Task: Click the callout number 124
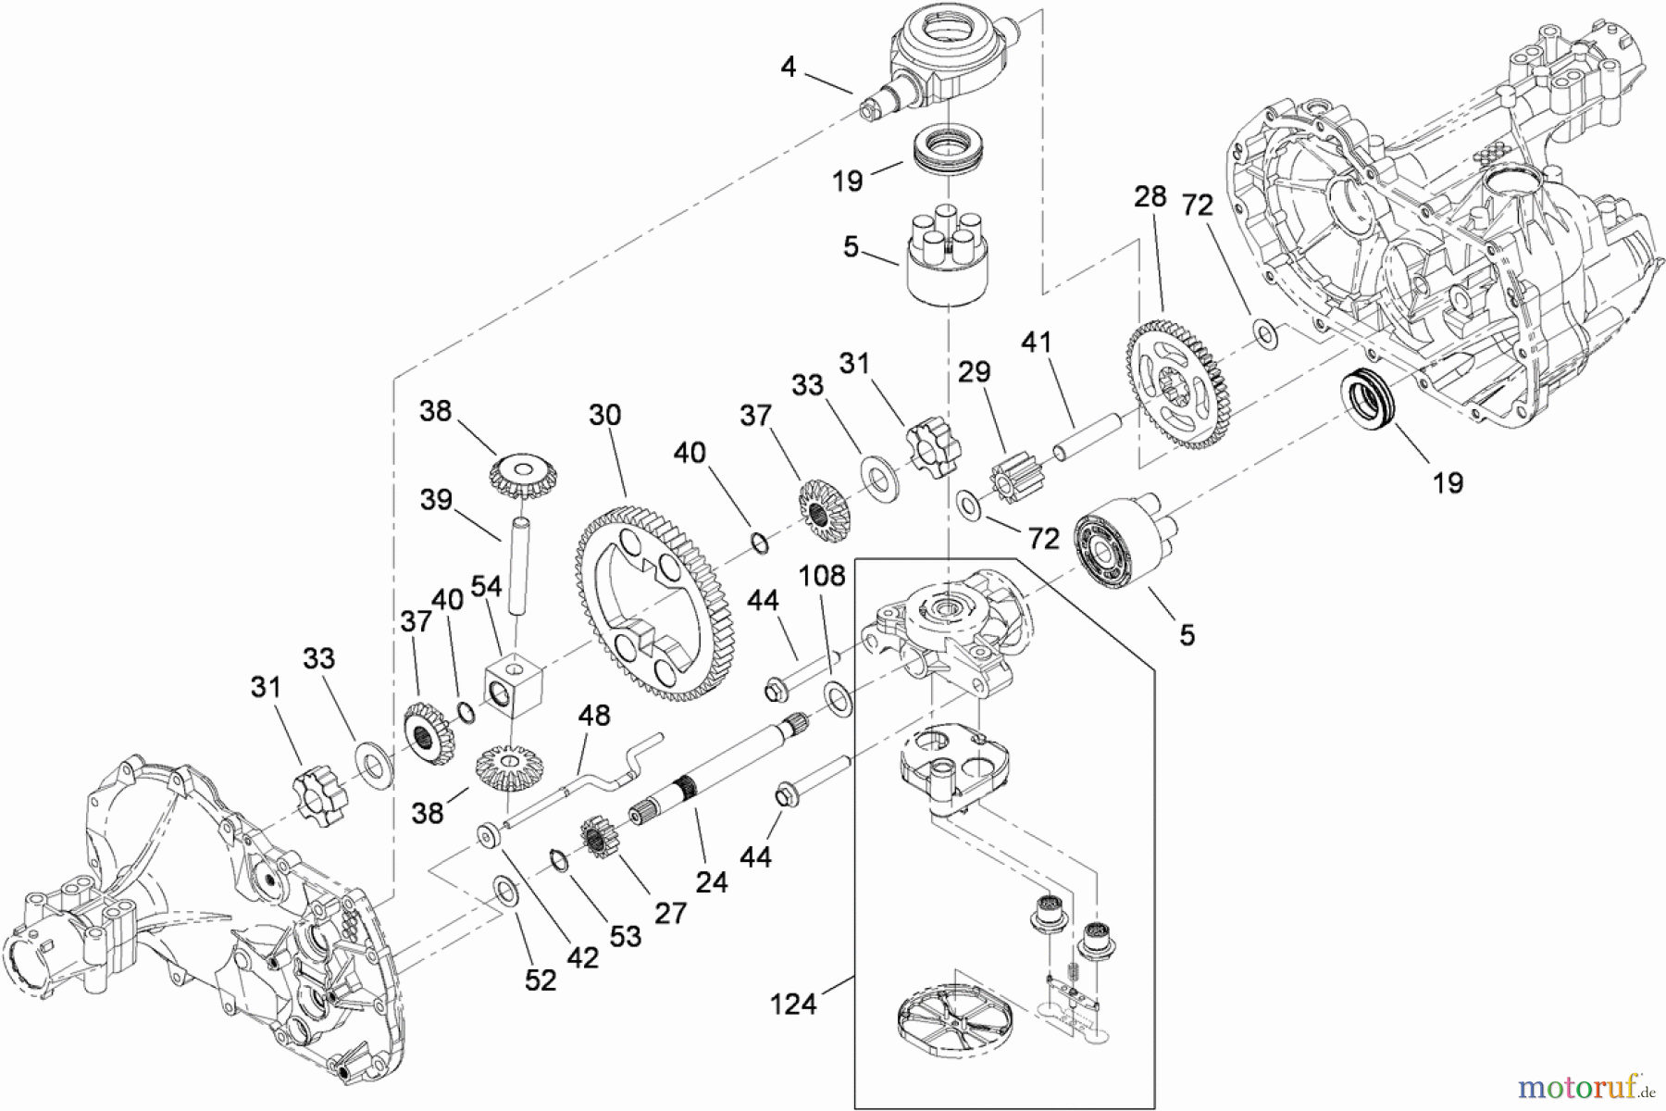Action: pyautogui.click(x=792, y=1003)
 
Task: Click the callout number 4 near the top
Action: pyautogui.click(x=788, y=67)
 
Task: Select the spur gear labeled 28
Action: pyautogui.click(x=1178, y=383)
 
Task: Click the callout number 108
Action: pyautogui.click(x=823, y=576)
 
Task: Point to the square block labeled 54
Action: pyautogui.click(x=515, y=683)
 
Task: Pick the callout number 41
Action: pyautogui.click(x=1037, y=343)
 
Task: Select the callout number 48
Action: pyautogui.click(x=594, y=716)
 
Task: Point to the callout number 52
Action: pyautogui.click(x=540, y=980)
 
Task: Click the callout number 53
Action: pyautogui.click(x=625, y=936)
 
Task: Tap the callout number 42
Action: pyautogui.click(x=582, y=957)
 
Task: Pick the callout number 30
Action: pyautogui.click(x=604, y=415)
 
